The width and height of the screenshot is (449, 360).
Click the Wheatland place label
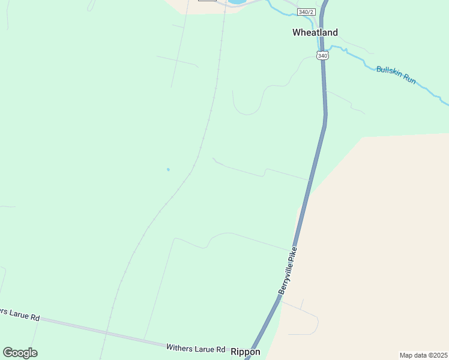coord(315,32)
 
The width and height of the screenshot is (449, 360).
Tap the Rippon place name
coord(246,352)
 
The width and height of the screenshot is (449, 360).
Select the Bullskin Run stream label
coord(396,74)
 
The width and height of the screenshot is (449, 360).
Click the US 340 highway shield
coord(323,55)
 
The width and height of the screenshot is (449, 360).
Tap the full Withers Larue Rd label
coord(196,349)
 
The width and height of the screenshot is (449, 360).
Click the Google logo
coord(20,353)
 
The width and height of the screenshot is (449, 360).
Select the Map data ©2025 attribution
coord(424,355)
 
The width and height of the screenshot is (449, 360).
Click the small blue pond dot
coord(168,169)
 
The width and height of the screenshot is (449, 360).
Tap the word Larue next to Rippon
coord(205,349)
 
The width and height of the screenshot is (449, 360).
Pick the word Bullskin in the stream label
coord(388,71)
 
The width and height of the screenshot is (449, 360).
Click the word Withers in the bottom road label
coord(179,348)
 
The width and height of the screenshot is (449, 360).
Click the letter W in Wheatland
coord(297,32)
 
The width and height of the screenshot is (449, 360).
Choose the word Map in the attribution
coord(407,355)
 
